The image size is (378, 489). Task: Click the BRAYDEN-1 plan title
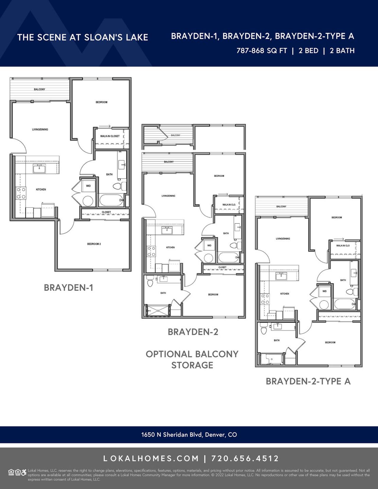69,288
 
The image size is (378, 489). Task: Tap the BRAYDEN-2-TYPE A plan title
308,381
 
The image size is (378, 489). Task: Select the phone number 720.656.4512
245,459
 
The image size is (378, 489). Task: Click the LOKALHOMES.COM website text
151,459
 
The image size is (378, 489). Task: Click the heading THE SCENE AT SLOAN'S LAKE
83,37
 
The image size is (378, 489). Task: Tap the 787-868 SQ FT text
262,50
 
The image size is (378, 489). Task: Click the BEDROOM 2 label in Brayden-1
94,244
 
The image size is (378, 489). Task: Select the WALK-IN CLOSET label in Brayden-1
110,136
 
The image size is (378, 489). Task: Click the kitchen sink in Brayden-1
39,169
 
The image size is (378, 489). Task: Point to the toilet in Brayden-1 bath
118,186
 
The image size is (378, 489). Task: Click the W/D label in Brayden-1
88,186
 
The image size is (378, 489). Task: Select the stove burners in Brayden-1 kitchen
21,193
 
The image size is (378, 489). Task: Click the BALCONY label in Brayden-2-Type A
281,206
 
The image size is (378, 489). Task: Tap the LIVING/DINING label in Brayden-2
168,196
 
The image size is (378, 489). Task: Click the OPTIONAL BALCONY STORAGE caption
192,359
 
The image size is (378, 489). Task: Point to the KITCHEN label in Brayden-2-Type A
285,294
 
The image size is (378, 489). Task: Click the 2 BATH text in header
342,50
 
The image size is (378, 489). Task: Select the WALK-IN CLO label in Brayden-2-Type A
343,245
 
